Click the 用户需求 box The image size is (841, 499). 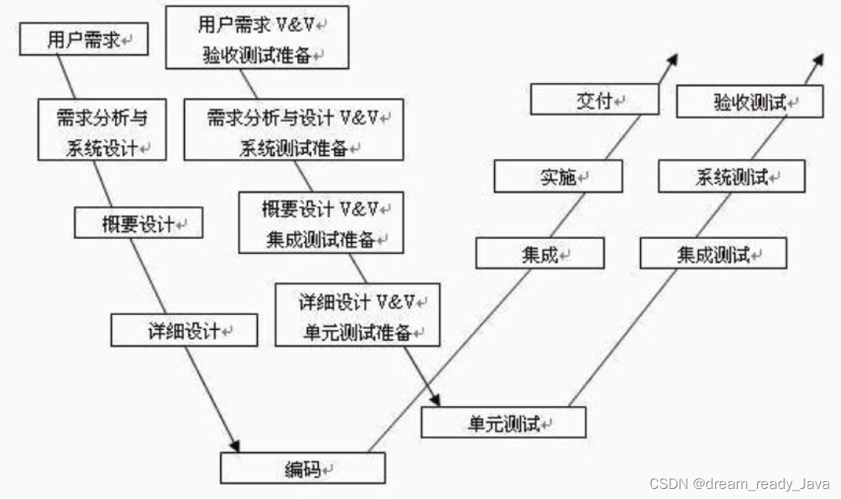[84, 39]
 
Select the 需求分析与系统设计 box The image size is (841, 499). [102, 130]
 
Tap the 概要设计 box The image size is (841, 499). [138, 223]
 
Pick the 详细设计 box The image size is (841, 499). [184, 330]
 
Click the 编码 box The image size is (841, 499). [303, 468]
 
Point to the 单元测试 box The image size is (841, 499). [503, 422]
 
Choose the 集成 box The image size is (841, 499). [539, 253]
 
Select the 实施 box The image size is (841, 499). [558, 176]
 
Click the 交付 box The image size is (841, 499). [594, 99]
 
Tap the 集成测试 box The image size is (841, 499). [713, 253]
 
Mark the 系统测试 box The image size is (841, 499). [732, 176]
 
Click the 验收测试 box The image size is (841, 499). [749, 102]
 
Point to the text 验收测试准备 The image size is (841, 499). [257, 55]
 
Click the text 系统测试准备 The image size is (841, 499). [293, 148]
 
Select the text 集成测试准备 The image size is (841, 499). [320, 239]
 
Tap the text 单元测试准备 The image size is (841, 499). [357, 333]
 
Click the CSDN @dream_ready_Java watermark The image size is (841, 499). [739, 484]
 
